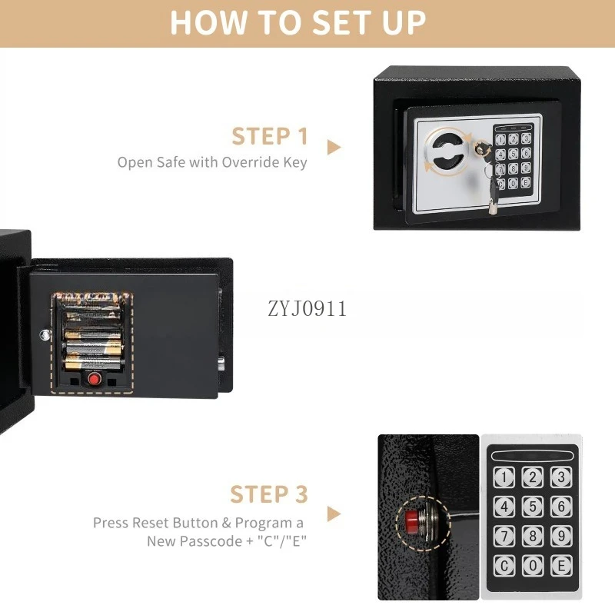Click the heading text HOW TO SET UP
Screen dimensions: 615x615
pos(298,22)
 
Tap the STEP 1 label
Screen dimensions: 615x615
pos(270,136)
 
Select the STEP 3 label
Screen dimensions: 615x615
pos(269,494)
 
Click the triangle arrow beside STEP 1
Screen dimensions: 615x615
pos(334,147)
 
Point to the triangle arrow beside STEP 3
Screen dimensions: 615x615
pos(334,514)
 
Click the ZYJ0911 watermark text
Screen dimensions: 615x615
pos(307,309)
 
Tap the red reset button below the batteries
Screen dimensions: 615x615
pos(94,379)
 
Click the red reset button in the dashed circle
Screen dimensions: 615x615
pos(412,522)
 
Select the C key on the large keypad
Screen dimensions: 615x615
pos(504,566)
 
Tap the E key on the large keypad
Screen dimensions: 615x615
pos(561,566)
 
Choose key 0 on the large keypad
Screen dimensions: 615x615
pos(533,566)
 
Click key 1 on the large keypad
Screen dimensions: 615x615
pos(504,477)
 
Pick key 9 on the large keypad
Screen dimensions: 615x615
pos(561,536)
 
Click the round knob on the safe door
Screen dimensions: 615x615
pos(448,151)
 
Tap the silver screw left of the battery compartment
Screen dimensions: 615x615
pos(45,334)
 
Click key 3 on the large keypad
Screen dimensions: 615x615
pos(561,477)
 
